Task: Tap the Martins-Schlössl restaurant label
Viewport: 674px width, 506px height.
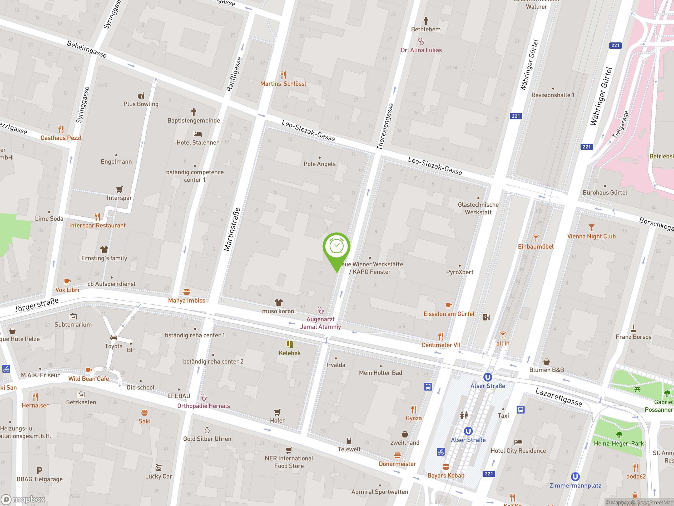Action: [x=283, y=84]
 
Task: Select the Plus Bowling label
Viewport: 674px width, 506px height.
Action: [x=141, y=104]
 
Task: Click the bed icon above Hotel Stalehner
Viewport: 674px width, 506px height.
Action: [x=197, y=134]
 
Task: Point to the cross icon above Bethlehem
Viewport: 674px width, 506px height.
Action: [x=426, y=21]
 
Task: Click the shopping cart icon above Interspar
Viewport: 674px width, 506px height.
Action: [x=120, y=189]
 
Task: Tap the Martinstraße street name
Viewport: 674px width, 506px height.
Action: [x=232, y=229]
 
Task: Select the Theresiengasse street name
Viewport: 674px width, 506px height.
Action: [x=385, y=126]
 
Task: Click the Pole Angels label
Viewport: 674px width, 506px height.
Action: [x=319, y=164]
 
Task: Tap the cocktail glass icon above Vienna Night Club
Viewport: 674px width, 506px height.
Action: [x=591, y=227]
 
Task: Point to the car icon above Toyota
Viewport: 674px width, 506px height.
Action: [x=114, y=337]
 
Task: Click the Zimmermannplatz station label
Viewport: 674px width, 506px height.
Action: [x=575, y=485]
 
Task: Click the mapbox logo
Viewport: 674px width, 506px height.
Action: [x=23, y=499]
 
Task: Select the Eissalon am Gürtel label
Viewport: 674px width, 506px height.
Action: [x=449, y=314]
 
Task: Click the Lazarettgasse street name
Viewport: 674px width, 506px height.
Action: [x=558, y=397]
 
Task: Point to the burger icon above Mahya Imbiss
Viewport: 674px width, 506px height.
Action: [x=186, y=292]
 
